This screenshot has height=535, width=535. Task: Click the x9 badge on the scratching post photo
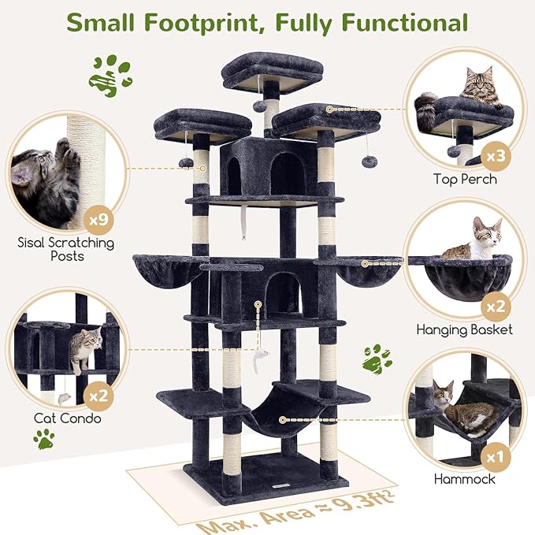point(95,215)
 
